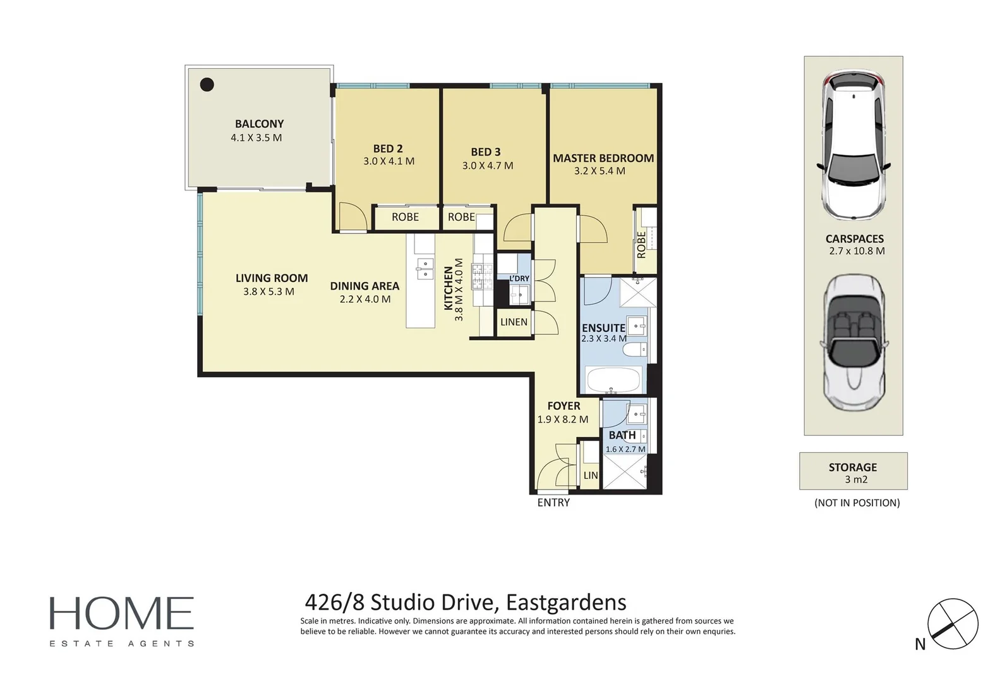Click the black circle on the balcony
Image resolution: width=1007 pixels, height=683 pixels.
pos(207,84)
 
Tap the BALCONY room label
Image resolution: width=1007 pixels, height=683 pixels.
pos(259,124)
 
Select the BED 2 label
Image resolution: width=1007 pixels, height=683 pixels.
pos(388,149)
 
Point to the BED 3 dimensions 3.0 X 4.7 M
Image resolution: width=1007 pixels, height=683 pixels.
pos(488,166)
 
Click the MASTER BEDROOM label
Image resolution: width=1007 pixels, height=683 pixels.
pos(603,158)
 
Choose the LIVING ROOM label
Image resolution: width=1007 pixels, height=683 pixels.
pos(272,278)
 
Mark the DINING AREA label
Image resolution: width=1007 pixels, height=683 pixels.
pos(365,286)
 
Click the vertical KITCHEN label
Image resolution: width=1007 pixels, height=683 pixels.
pos(449,288)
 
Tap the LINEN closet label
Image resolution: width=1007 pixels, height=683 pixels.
pos(514,322)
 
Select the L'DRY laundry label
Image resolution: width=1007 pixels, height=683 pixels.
pos(519,279)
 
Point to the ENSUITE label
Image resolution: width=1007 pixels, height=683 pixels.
pos(603,328)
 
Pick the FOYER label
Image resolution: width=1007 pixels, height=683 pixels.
pos(564,406)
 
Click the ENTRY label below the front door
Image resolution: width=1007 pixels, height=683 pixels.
pos(553,503)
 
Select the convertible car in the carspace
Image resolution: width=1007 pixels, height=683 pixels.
pos(853,343)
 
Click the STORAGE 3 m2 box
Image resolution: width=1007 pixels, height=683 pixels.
pos(853,472)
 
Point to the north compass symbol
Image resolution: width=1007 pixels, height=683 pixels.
pos(952,624)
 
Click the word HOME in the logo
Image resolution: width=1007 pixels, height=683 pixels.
pos(121,613)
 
